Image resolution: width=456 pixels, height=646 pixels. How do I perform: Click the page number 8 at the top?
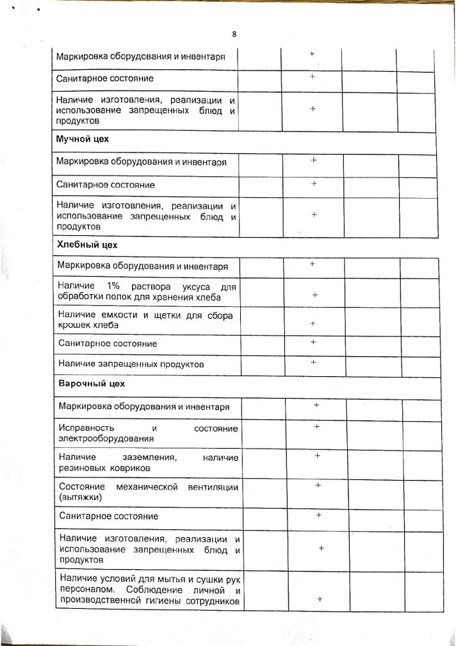(234, 35)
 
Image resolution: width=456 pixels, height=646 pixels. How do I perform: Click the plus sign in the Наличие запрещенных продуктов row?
(314, 363)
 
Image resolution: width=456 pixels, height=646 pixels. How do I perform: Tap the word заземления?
(149, 458)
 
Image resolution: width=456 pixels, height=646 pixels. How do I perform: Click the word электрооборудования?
(106, 439)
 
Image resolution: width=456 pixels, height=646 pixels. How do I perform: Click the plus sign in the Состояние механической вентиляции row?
(318, 485)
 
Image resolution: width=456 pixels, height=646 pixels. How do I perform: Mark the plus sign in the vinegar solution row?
(315, 295)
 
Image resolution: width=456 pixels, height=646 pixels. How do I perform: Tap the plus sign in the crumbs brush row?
(313, 324)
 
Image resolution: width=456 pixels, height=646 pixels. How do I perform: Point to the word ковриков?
(131, 468)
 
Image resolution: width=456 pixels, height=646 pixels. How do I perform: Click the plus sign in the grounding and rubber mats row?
(318, 456)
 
